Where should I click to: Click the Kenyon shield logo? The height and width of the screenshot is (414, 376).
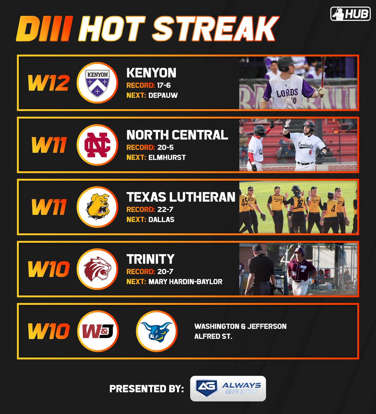[x=98, y=83]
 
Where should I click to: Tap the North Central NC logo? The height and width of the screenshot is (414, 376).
[x=98, y=145]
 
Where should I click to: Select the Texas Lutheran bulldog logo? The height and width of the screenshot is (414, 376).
[x=98, y=207]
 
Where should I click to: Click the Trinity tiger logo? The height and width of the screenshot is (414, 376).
[x=98, y=269]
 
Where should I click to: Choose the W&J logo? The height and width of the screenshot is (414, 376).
[x=98, y=331]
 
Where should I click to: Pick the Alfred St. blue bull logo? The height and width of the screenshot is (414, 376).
[x=156, y=331]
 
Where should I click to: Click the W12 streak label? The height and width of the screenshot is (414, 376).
[x=48, y=83]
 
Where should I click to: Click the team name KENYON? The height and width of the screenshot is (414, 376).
[x=151, y=73]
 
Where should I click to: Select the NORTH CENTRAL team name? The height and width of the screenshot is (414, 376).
[x=177, y=135]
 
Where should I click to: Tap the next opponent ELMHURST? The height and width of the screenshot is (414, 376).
[x=167, y=158]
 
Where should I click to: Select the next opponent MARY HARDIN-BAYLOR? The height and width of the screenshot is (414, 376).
[x=185, y=282]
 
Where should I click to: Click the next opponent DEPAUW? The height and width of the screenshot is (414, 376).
[x=163, y=96]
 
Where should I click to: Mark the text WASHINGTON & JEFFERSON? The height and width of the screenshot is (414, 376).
[x=240, y=326]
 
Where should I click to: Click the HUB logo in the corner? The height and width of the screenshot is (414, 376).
[x=350, y=14]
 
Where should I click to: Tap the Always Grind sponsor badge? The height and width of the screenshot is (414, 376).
[x=228, y=388]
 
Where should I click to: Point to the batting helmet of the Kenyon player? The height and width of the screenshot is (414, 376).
[x=286, y=63]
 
